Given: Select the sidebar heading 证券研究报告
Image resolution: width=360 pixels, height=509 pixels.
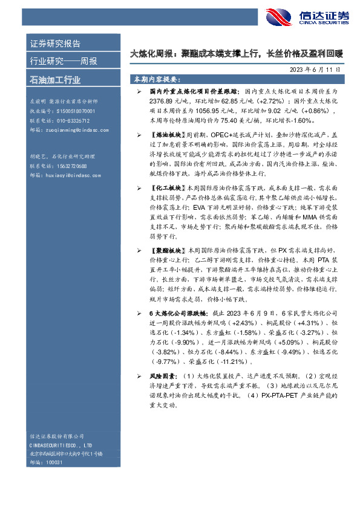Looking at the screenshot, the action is click(55, 44).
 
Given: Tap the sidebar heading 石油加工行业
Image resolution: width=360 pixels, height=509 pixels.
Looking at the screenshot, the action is click(55, 80).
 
